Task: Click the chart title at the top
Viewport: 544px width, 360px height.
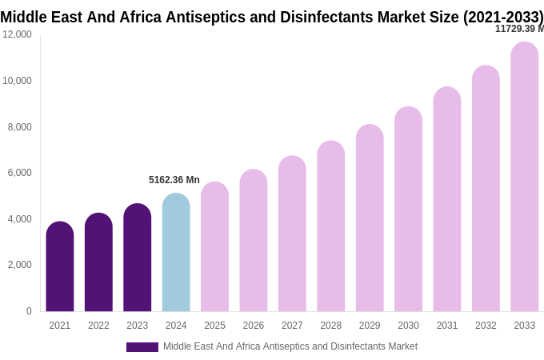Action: pos(272,17)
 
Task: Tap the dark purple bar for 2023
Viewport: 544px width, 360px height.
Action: pos(138,258)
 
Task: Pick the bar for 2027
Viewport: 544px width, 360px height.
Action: pos(292,234)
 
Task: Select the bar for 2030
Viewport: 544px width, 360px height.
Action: pos(408,209)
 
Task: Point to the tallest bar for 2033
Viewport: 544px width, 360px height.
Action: pos(525,177)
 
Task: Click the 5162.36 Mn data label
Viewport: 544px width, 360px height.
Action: pos(174,180)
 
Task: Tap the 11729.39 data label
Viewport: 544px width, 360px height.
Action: pos(519,29)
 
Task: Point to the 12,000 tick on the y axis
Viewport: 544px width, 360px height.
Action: pos(17,34)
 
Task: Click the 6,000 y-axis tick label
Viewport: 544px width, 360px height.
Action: pos(20,173)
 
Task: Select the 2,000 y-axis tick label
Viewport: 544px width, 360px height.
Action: pos(20,265)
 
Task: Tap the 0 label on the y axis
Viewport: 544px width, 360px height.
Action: pos(29,311)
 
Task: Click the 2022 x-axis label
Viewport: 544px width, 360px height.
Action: pos(98,326)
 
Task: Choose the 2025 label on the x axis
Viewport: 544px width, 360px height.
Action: pos(214,326)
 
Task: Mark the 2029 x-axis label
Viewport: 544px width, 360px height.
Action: pos(370,326)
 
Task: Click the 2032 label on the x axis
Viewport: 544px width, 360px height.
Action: pos(486,326)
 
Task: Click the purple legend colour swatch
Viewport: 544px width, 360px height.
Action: pos(142,347)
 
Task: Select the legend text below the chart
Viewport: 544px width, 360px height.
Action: pos(290,346)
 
